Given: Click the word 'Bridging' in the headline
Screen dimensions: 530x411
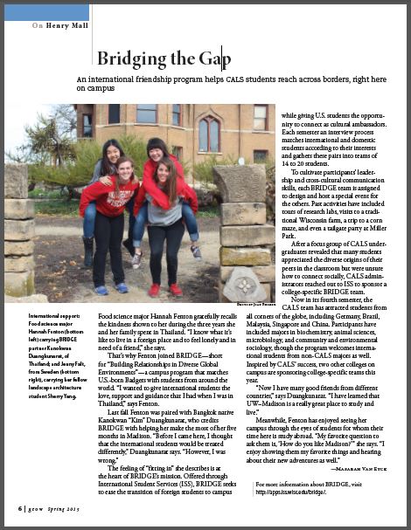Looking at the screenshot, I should pyautogui.click(x=129, y=59).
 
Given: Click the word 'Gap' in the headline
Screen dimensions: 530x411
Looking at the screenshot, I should pyautogui.click(x=212, y=59).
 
